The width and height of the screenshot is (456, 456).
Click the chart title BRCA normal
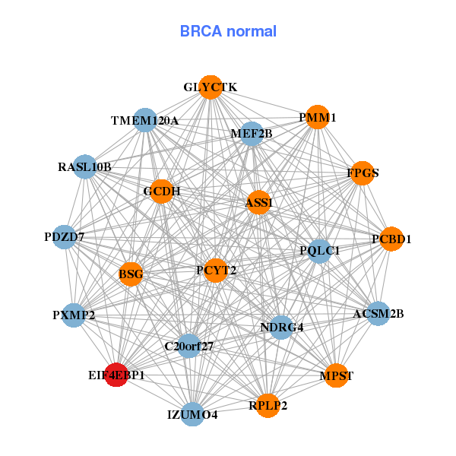228,31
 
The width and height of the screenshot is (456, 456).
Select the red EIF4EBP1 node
116,375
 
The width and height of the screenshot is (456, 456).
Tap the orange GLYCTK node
211,88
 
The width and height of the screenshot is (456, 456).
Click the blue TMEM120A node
145,120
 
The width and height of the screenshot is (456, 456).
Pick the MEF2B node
252,134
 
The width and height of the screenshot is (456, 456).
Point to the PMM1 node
318,117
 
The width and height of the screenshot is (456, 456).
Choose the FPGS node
363,173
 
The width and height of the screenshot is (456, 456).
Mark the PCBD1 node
391,239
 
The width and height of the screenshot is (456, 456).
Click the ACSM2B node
378,313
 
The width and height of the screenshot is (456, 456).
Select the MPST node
336,375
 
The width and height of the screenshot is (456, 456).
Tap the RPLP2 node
268,405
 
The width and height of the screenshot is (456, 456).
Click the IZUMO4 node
192,414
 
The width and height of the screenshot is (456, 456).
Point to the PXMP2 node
74,315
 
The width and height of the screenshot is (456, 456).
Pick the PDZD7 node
65,237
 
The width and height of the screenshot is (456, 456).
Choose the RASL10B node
84,166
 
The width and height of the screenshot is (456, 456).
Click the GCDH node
162,191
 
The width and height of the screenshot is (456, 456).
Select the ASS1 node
259,202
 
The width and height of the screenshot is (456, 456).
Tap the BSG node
131,274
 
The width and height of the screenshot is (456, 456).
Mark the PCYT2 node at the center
216,270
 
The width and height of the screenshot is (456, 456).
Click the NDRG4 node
281,328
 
